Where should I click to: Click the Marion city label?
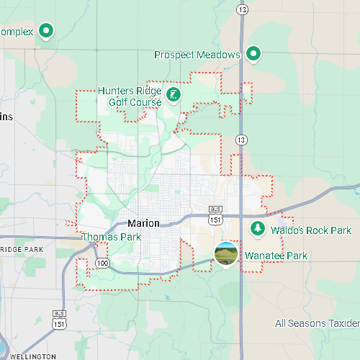tap(143, 223)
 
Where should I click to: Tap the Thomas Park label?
tap(111, 237)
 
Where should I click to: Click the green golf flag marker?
tap(174, 94)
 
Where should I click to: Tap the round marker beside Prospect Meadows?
tap(253, 54)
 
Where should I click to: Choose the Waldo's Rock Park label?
tap(311, 230)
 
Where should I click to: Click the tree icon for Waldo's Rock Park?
tap(257, 229)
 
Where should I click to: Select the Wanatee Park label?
tap(276, 256)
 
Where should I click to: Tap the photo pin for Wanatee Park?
tap(226, 253)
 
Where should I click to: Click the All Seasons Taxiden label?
tap(317, 323)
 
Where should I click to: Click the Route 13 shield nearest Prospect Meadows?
tap(243, 9)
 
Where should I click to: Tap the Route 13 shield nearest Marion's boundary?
tap(241, 139)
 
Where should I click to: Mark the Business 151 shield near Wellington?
tap(58, 320)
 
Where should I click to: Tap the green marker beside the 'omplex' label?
tap(48, 31)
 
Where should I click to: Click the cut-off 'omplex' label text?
tap(16, 32)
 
